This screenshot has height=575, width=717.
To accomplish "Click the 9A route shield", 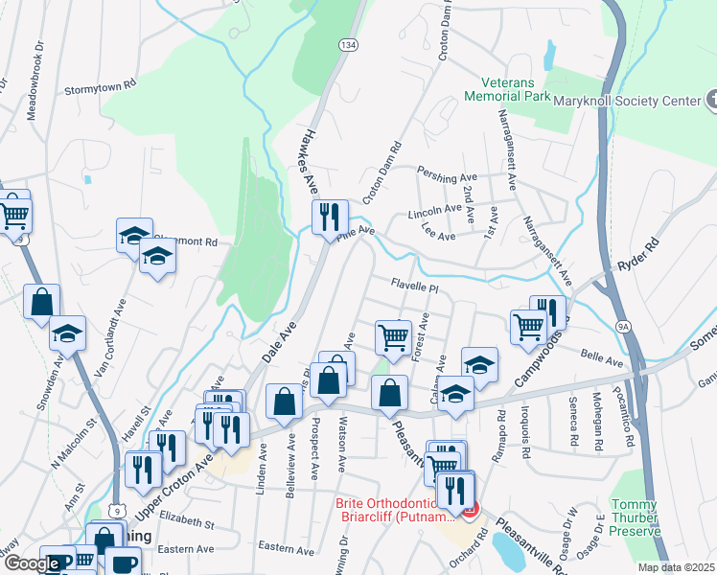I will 624,327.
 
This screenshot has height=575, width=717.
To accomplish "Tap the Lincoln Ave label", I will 435,211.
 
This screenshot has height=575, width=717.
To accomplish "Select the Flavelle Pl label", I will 414,287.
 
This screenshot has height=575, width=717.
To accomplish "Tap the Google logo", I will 33,563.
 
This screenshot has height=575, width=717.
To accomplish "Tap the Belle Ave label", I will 602,356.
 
